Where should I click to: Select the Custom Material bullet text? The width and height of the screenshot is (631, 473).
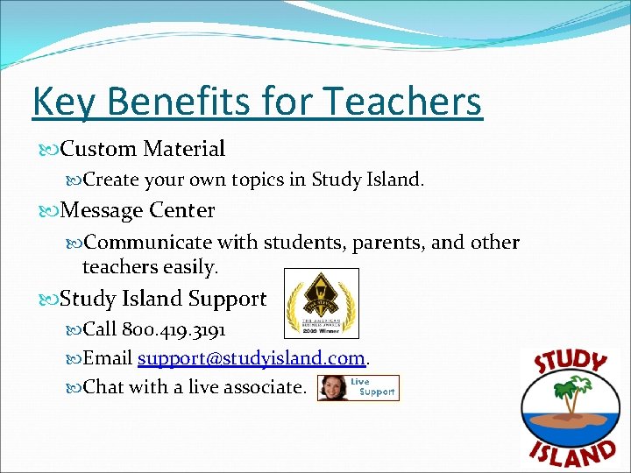pyautogui.click(x=142, y=149)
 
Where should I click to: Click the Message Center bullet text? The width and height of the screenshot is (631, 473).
pyautogui.click(x=138, y=210)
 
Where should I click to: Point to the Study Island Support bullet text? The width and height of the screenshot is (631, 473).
pyautogui.click(x=163, y=299)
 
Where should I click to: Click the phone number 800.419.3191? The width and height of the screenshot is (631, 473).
pyautogui.click(x=174, y=330)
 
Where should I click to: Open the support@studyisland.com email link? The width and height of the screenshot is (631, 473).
pyautogui.click(x=252, y=358)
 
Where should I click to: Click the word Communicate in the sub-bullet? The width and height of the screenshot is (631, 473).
pyautogui.click(x=148, y=243)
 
